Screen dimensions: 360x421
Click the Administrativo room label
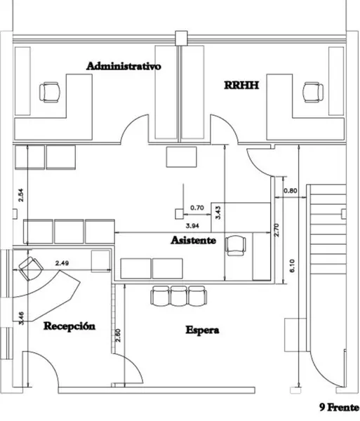pyautogui.click(x=124, y=66)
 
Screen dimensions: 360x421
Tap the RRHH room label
pyautogui.click(x=241, y=85)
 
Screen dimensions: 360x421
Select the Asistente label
pyautogui.click(x=193, y=240)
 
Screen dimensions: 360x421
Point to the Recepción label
pyautogui.click(x=69, y=326)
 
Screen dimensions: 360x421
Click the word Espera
pyautogui.click(x=202, y=330)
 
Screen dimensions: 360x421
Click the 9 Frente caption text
pyautogui.click(x=339, y=407)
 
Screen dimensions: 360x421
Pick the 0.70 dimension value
pyautogui.click(x=197, y=208)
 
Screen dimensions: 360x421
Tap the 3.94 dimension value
pyautogui.click(x=192, y=226)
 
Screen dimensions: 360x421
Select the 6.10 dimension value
pyautogui.click(x=292, y=266)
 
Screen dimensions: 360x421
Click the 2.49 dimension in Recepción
pyautogui.click(x=62, y=263)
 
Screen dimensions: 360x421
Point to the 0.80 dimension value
pyautogui.click(x=291, y=191)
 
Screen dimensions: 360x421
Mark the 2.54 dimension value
pyautogui.click(x=20, y=195)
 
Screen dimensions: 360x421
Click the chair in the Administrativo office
pyautogui.click(x=50, y=92)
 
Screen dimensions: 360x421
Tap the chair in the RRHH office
pyautogui.click(x=313, y=92)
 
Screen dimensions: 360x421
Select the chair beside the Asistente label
pyautogui.click(x=235, y=246)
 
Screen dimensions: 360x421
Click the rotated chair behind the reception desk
pyautogui.click(x=31, y=269)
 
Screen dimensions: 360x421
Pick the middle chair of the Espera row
pyautogui.click(x=179, y=296)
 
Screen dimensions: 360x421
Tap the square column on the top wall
pyautogui.click(x=181, y=38)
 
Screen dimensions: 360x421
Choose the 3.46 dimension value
pyautogui.click(x=21, y=318)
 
